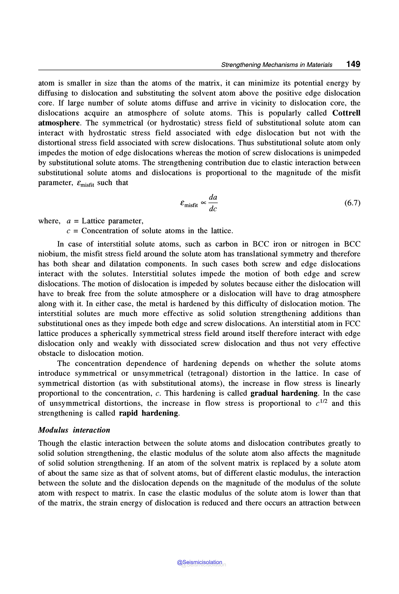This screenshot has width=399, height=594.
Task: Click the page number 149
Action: [x=353, y=64]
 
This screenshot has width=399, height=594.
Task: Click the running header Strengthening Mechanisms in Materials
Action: [x=277, y=65]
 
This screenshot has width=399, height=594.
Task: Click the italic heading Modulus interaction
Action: [x=74, y=430]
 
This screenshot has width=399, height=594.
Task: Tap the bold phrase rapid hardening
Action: [x=149, y=413]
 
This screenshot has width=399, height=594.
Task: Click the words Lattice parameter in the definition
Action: [x=112, y=221]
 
